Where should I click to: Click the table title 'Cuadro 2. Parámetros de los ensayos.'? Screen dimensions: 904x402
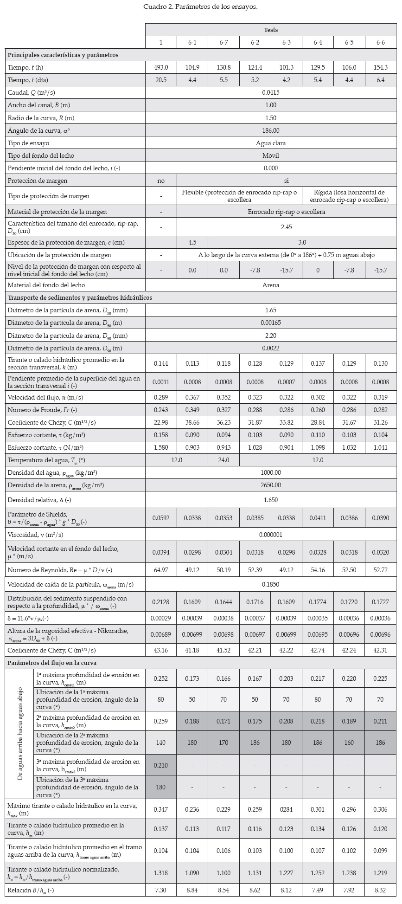coord(201,7)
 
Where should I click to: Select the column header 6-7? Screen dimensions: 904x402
coord(223,43)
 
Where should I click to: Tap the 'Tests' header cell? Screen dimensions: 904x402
coord(271,30)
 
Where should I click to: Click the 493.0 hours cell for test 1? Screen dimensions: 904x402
coord(161,67)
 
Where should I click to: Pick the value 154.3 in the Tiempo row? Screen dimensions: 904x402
coord(381,67)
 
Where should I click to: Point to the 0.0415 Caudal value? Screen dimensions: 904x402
coord(271,92)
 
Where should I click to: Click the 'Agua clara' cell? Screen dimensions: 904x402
coord(271,143)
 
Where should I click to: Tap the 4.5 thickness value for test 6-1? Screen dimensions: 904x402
coord(192,242)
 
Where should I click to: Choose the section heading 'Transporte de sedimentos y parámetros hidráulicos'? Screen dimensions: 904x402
coord(80,297)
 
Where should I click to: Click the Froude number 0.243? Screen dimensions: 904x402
coord(161,410)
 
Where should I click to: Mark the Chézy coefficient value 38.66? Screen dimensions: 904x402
coord(192,423)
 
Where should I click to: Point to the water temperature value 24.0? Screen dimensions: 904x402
coord(223,460)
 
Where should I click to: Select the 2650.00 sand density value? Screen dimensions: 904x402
coord(271,485)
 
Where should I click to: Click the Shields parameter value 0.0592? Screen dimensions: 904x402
coord(161,517)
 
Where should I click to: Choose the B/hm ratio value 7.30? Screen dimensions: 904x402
coord(161,890)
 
